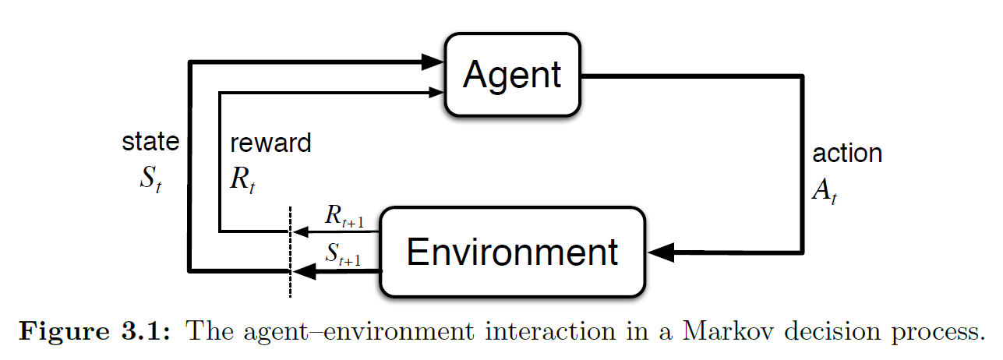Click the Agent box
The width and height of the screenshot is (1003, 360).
tap(511, 74)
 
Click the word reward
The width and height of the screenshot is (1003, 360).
tap(270, 143)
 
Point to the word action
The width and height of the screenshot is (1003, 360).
tap(847, 153)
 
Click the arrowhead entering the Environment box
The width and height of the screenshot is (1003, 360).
tap(661, 252)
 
